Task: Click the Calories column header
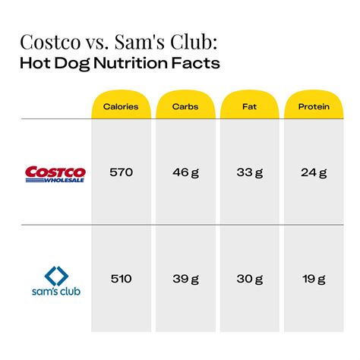121,107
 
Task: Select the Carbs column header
185,107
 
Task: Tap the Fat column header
250,107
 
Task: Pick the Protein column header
314,107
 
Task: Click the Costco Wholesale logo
56,174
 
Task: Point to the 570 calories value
121,172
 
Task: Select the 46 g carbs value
185,172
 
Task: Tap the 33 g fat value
250,172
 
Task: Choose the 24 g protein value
314,172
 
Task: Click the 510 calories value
121,279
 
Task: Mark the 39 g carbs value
185,279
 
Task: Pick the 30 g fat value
250,279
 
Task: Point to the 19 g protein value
314,279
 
